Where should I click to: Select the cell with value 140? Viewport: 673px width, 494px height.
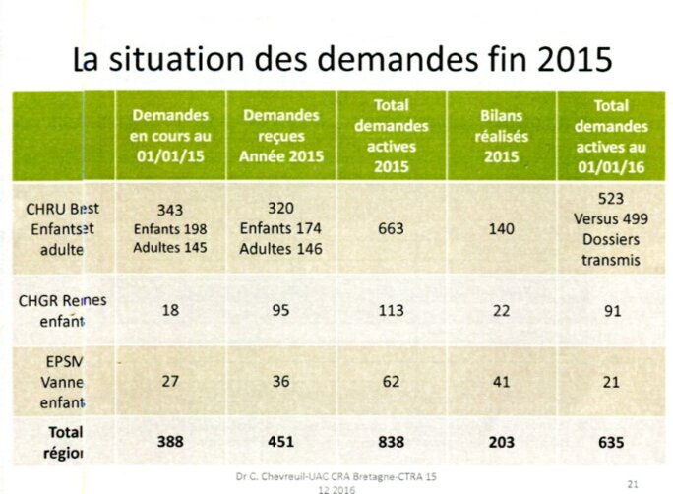pos(502,227)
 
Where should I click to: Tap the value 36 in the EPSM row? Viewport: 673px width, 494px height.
pos(281,381)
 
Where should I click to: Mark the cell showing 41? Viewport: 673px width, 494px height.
pos(502,381)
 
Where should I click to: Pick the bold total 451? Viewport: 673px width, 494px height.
pos(281,442)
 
